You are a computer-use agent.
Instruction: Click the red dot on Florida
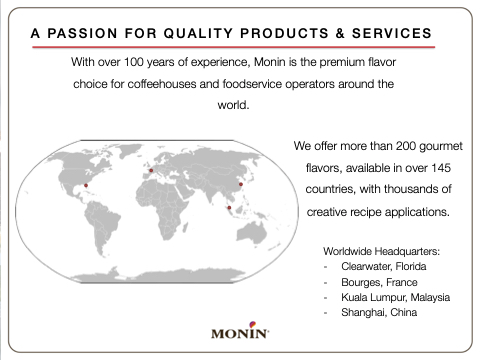[86, 185]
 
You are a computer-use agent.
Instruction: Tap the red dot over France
[151, 170]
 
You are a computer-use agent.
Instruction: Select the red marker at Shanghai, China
[241, 184]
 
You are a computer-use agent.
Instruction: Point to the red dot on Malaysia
[229, 208]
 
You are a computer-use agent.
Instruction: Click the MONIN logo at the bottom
[240, 331]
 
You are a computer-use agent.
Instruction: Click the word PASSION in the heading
[82, 33]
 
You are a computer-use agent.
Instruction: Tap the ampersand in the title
[340, 33]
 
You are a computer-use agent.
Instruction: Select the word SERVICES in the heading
[392, 33]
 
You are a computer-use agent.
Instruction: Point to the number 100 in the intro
[134, 62]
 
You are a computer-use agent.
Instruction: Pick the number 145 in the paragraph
[441, 168]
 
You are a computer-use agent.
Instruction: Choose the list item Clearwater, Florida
[384, 266]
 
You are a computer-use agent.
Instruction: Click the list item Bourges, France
[379, 282]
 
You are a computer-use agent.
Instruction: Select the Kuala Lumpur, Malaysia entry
[396, 297]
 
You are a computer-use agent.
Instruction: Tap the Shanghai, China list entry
[379, 312]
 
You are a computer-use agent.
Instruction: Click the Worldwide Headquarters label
[381, 251]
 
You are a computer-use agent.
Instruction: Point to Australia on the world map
[252, 232]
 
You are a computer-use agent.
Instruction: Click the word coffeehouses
[162, 84]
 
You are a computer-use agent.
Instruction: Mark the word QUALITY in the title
[198, 33]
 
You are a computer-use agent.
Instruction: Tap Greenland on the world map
[129, 150]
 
